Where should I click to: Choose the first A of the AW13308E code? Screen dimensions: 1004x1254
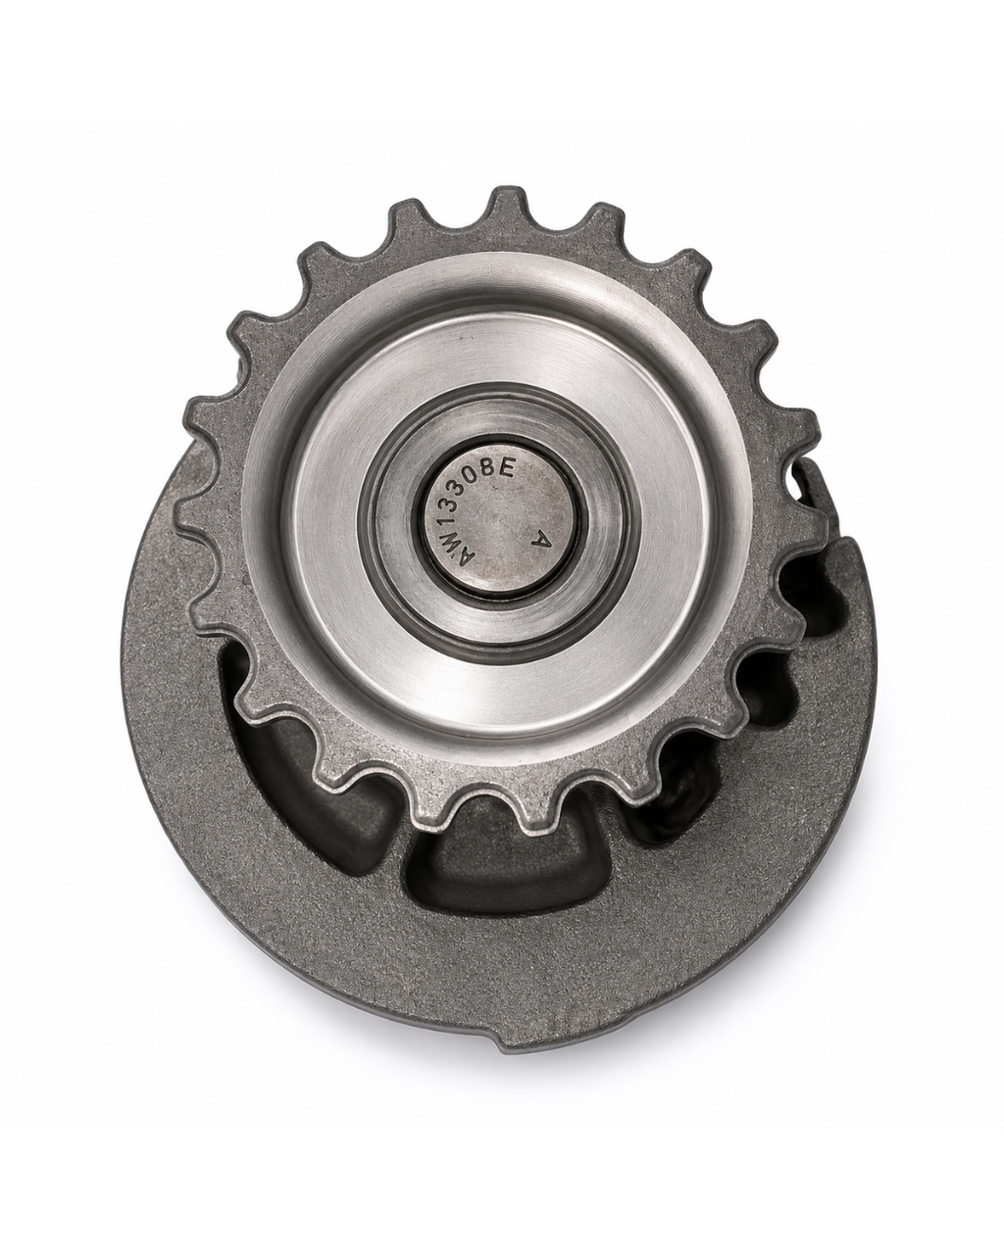(x=465, y=561)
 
